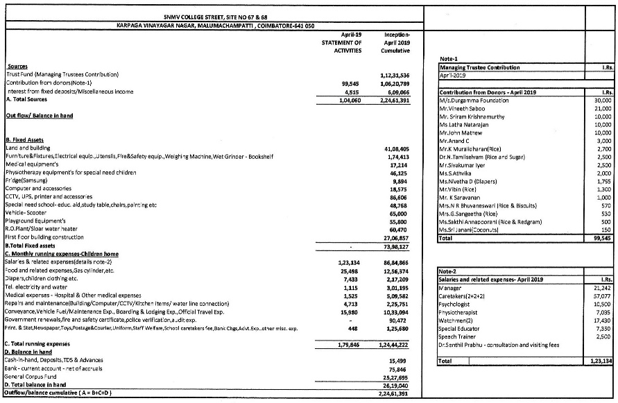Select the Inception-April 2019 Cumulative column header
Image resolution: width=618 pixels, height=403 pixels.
pos(395,42)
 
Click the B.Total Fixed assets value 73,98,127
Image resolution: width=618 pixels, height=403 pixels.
pos(396,246)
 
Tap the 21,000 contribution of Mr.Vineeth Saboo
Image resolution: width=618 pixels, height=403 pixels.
pos(603,109)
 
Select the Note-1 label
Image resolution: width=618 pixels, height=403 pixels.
pos(448,59)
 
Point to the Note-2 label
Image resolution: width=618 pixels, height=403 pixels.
pos(448,270)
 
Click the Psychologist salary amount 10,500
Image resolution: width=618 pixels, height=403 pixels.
pos(603,304)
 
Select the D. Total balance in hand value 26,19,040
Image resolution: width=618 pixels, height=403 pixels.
pos(396,384)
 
